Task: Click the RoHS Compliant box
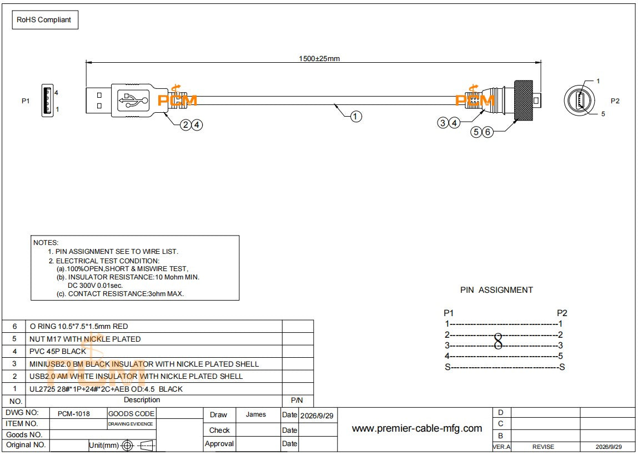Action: (x=45, y=20)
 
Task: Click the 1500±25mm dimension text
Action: (x=319, y=58)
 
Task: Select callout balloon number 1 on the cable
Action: (x=355, y=117)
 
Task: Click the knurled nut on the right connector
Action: (x=523, y=100)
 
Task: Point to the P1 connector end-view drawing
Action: (x=48, y=100)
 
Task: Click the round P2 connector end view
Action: (x=580, y=100)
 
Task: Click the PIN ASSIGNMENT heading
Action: (x=496, y=290)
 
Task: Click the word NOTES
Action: (x=46, y=243)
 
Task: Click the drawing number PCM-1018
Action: (x=74, y=414)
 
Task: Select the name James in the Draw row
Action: (x=256, y=414)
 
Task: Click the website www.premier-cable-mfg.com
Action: (x=416, y=428)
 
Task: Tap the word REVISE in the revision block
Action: (x=543, y=447)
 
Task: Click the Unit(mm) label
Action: (x=104, y=445)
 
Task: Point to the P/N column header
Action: (x=297, y=401)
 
